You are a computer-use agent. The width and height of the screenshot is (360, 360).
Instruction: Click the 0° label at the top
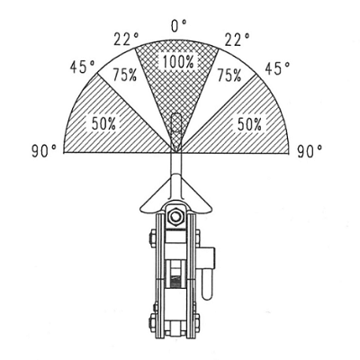click(179, 25)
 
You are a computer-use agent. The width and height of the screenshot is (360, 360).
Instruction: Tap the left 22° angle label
click(126, 39)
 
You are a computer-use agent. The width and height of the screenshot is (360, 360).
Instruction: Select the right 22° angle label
click(238, 40)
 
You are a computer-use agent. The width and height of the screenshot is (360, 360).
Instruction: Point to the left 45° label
click(83, 67)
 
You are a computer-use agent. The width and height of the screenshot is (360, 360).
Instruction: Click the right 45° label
click(277, 68)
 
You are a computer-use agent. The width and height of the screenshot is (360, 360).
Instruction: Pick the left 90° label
click(44, 151)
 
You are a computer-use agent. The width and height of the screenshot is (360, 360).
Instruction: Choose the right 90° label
click(310, 151)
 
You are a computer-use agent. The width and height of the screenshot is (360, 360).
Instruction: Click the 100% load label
click(178, 62)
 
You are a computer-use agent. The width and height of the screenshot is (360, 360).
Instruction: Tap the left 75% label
click(125, 75)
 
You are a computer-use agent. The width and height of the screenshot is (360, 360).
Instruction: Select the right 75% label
click(229, 75)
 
